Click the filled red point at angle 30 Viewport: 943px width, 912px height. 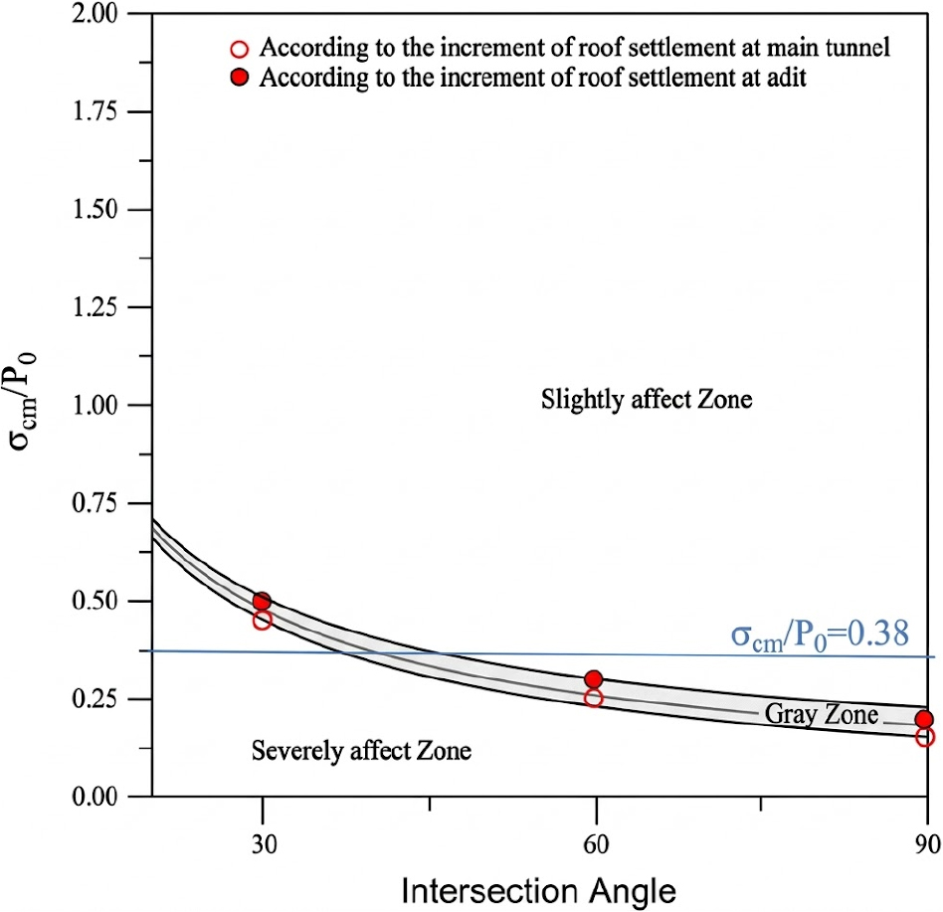click(262, 601)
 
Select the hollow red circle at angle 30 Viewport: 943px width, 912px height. click(262, 620)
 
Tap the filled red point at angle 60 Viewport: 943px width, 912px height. click(594, 679)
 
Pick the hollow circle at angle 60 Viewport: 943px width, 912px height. click(594, 698)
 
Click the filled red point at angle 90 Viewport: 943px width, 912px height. click(925, 719)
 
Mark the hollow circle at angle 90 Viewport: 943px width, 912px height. click(925, 737)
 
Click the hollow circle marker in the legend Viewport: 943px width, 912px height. click(239, 48)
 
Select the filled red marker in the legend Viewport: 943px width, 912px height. click(239, 80)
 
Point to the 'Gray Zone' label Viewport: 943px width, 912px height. click(821, 714)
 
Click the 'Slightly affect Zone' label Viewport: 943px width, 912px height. click(647, 401)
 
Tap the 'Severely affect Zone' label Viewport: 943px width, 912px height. click(362, 750)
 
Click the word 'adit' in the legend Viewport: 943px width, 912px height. click(785, 80)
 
